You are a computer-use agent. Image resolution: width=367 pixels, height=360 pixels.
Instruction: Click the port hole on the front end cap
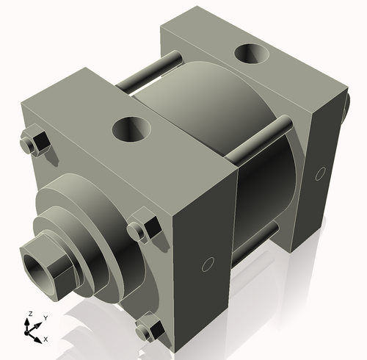tap(131, 130)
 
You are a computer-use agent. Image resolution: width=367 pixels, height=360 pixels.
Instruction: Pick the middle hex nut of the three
tap(143, 230)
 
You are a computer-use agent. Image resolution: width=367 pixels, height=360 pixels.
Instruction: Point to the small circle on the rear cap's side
tap(319, 173)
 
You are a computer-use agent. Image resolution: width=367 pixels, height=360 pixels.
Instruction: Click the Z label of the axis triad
tap(29, 314)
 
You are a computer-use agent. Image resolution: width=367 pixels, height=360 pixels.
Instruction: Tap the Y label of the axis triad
tap(45, 317)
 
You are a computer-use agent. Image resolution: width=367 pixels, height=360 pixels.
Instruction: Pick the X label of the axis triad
tap(46, 339)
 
